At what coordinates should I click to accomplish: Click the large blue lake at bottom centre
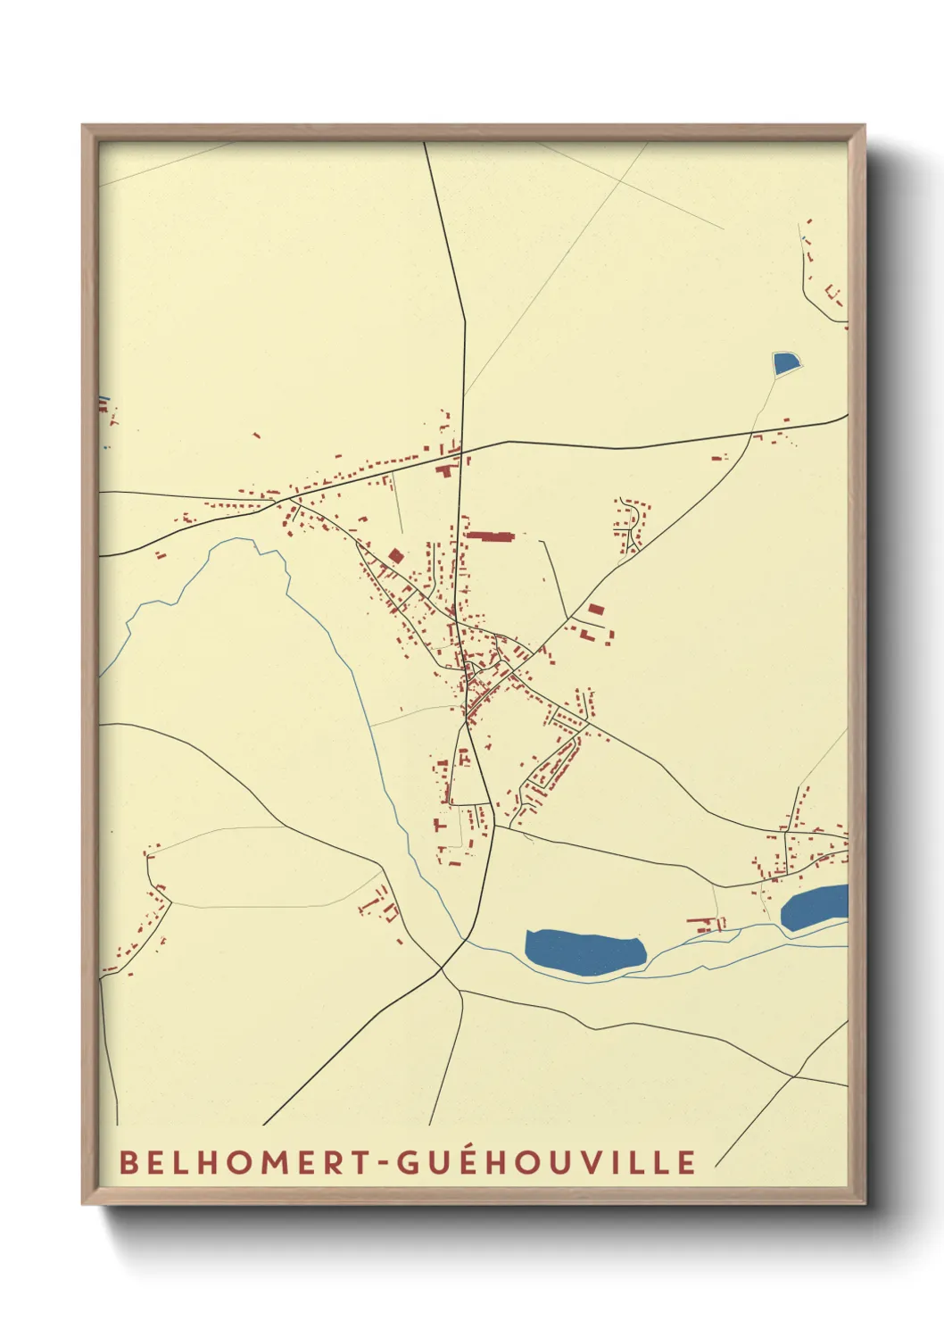coord(585,951)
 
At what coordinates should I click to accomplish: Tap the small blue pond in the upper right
coord(785,363)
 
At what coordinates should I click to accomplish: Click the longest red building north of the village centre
coord(491,536)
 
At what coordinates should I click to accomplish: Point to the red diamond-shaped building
coord(395,555)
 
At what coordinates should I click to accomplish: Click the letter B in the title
coord(128,1162)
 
